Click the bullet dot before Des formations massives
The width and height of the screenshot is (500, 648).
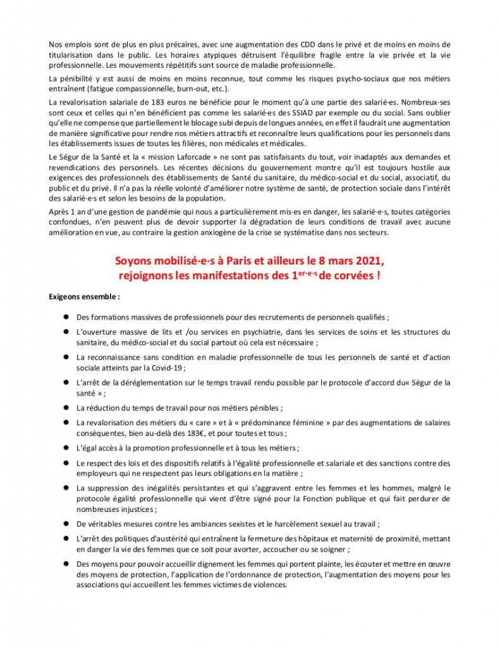pyautogui.click(x=66, y=317)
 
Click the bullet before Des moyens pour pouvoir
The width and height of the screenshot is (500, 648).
pyautogui.click(x=66, y=564)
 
